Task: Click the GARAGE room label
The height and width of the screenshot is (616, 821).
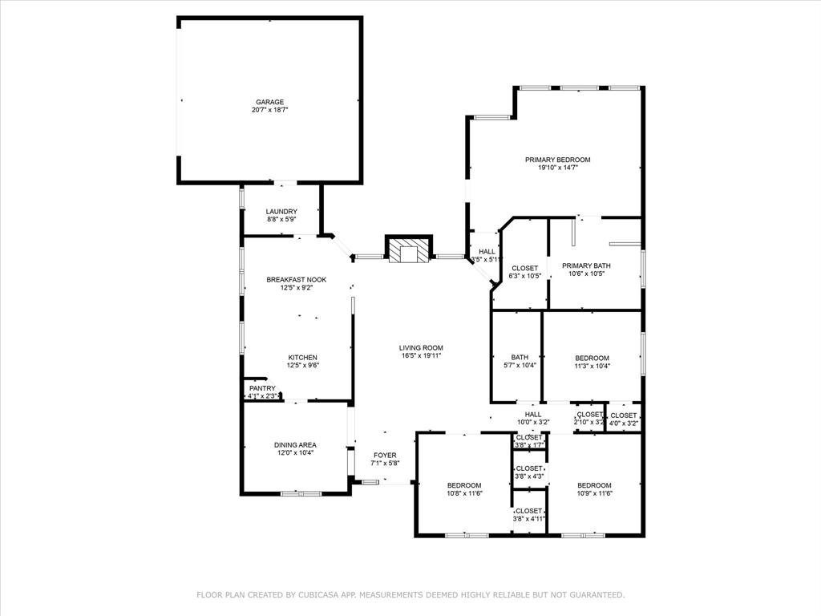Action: [x=269, y=102]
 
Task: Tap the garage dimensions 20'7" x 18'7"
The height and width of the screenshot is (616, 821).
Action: [x=269, y=110]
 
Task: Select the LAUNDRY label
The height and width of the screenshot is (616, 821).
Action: [x=281, y=212]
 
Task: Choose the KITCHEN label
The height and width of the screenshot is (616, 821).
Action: [x=302, y=358]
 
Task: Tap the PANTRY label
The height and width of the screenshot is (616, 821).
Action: [x=261, y=388]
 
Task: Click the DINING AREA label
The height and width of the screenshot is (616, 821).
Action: [x=296, y=444]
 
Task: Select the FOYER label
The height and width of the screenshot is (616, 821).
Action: [x=384, y=456]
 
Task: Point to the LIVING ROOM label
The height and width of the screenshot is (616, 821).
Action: [x=421, y=348]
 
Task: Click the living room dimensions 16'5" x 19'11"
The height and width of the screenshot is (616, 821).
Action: [x=421, y=356]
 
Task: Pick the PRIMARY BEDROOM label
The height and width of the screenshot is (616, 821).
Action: [x=557, y=160]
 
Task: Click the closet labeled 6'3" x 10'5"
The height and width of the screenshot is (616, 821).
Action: [x=525, y=272]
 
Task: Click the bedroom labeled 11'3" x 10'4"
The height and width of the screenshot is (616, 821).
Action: [x=592, y=362]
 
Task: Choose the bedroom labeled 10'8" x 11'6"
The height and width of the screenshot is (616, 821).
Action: [x=464, y=489]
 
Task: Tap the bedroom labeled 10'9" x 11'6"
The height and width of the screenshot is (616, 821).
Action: [x=594, y=489]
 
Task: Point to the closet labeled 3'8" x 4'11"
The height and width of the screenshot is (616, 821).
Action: [x=529, y=515]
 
